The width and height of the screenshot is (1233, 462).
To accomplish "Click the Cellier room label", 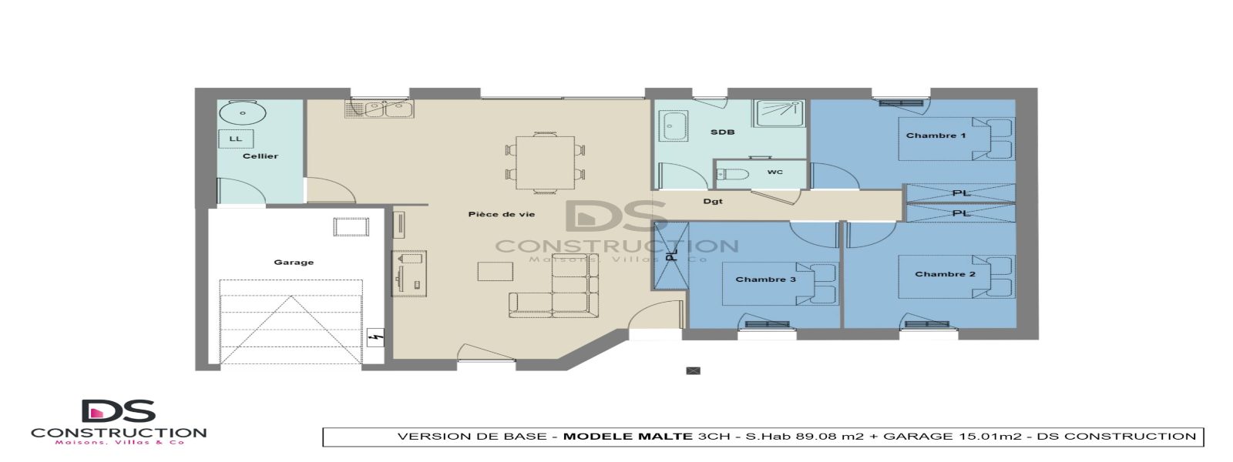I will click(x=260, y=156).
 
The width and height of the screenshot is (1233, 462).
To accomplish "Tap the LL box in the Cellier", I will click(x=236, y=139).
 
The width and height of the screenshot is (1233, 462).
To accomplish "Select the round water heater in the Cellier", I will click(x=243, y=113).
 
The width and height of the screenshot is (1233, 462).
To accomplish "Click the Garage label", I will click(x=294, y=263).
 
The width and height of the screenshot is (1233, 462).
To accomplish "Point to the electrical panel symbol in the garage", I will click(x=376, y=336).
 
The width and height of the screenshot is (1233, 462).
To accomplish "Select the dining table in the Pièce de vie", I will click(x=545, y=162).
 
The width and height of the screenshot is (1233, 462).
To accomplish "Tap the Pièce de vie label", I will click(x=501, y=214).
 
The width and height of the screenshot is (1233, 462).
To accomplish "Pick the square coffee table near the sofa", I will click(x=495, y=272).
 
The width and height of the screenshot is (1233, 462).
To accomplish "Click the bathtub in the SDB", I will click(x=674, y=126).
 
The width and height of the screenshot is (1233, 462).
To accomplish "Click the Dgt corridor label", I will click(x=713, y=202).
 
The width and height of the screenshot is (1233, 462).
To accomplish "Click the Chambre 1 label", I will click(x=936, y=136).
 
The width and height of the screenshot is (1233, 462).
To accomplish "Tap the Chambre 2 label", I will click(x=945, y=274).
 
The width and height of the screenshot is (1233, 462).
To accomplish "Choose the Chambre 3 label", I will click(x=765, y=280).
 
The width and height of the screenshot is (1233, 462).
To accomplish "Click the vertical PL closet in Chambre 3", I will click(x=671, y=255).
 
